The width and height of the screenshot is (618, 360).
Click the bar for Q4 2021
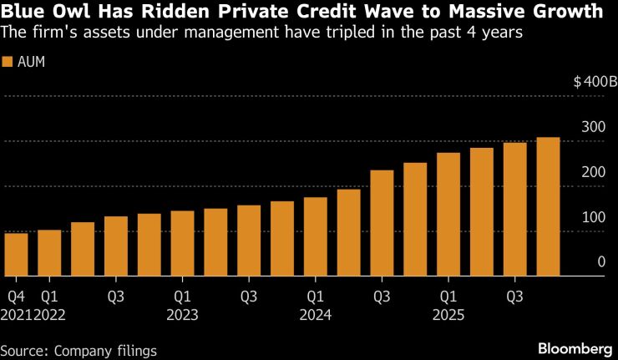16,254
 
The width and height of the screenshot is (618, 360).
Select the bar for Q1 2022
49,252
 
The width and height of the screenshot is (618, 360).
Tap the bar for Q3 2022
116,246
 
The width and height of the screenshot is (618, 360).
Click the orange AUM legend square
8,63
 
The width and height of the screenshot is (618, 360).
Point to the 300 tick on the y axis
593,127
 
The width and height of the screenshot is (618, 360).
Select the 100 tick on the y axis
593,217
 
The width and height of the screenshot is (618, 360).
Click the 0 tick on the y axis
600,262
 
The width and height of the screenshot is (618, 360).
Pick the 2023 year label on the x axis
182,316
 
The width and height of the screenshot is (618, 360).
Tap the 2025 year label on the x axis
448,316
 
